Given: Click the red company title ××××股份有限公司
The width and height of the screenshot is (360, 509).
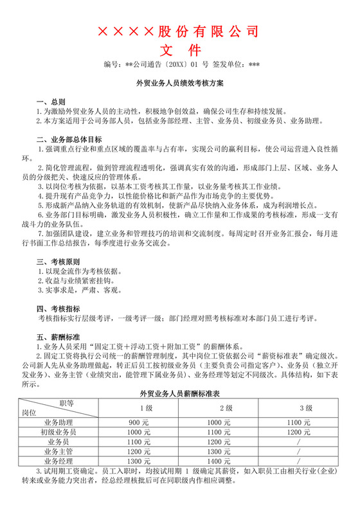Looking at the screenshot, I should [180, 31].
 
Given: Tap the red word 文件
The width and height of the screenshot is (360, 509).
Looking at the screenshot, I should [180, 50].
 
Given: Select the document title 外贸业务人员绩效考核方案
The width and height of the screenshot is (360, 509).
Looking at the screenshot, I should [179, 84].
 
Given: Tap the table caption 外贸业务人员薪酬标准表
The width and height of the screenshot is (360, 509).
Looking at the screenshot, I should [180, 393].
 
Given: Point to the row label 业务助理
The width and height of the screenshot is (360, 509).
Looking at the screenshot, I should [60, 422].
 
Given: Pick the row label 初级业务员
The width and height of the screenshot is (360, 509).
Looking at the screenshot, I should [60, 433].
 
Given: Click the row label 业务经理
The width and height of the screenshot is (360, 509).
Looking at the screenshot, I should [60, 461].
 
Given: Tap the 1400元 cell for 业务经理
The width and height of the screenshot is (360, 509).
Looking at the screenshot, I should [219, 461].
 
